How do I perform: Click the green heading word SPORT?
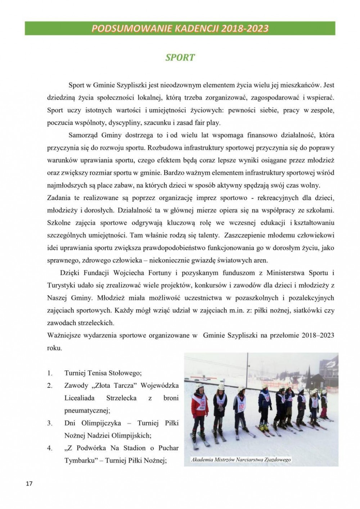(x=180, y=58)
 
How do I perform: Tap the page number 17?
(x=29, y=483)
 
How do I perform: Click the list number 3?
(x=50, y=423)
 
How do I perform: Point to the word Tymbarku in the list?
(x=79, y=460)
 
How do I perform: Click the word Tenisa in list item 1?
(x=98, y=373)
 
